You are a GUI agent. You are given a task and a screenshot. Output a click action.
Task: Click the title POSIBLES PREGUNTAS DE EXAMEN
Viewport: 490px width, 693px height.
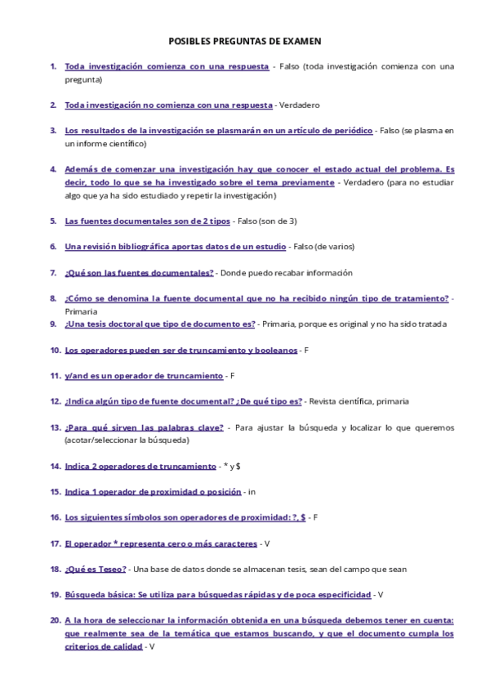245,40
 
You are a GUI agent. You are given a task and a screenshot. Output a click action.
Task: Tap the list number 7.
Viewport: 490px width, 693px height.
53,272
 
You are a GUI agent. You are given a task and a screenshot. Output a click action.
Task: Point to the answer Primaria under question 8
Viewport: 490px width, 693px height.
81,311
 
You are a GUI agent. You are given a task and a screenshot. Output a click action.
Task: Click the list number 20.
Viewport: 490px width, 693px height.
55,620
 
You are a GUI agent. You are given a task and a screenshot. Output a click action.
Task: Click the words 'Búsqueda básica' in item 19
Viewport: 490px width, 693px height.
94,594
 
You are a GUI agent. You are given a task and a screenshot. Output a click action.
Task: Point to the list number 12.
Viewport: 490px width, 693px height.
55,401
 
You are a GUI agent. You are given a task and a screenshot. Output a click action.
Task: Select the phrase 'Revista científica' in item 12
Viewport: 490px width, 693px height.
342,401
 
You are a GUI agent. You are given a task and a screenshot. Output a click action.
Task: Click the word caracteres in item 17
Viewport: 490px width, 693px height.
229,543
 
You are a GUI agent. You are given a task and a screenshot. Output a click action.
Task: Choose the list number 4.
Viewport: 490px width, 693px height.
53,169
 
